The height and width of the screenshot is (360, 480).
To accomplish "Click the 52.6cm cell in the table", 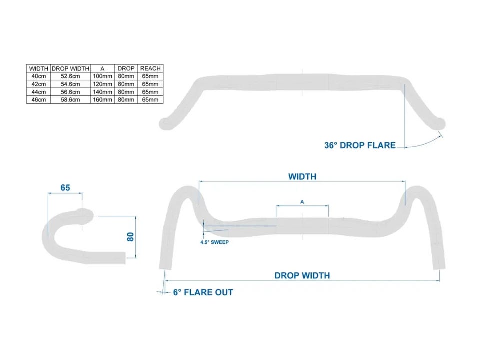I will coord(70,76).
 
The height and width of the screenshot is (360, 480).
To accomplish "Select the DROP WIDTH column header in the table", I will coord(70,68).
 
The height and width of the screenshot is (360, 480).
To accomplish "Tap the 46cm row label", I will coord(38,100).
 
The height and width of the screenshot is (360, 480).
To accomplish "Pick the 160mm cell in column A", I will coord(103,100).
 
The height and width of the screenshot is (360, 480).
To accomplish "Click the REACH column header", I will coord(150,68).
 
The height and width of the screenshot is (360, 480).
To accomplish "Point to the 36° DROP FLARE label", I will coord(360,145).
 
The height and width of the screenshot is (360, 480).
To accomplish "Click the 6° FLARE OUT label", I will coord(203,292).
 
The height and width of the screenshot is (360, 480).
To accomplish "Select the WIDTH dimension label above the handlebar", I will coord(302,177).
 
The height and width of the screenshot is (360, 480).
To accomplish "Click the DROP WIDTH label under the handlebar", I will coord(302,275).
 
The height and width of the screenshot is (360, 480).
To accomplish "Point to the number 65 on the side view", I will coord(65,188).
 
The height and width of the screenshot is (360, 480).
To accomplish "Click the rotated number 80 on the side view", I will coord(131,237).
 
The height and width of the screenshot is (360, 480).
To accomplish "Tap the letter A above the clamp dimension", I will coord(302,202).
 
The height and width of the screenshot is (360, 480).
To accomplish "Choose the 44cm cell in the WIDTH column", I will coord(38,92).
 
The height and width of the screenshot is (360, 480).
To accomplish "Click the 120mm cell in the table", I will coord(103,84).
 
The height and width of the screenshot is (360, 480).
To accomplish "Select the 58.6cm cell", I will coord(70,100).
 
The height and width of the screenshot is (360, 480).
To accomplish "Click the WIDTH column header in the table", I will coord(38,68).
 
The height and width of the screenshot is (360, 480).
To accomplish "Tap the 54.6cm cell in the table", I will coord(70,84).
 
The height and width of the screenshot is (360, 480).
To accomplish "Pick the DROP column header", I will coord(126,68).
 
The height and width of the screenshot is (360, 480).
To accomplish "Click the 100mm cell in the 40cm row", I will coord(103,76).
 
